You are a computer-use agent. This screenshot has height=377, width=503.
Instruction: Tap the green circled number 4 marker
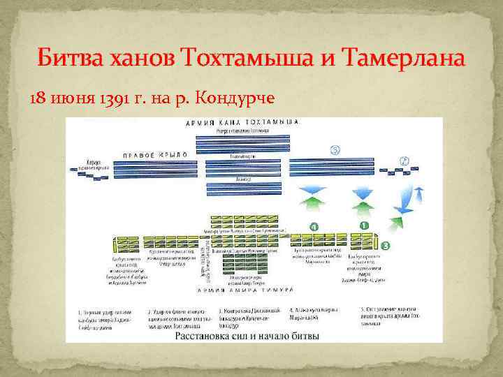[314, 227]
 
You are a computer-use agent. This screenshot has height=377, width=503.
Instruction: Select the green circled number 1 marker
[363, 226]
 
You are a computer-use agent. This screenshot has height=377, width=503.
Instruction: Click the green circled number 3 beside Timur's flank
[386, 244]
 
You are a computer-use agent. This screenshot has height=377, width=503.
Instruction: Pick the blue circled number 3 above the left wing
[335, 150]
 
